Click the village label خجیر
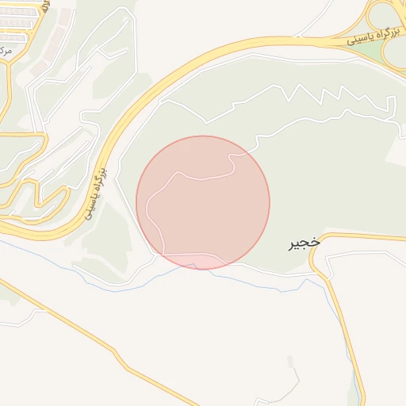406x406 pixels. [x=303, y=244]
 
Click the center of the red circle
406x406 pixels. [x=203, y=202]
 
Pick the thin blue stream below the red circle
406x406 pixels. [x=238, y=278]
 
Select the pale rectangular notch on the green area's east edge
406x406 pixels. [x=394, y=151]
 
